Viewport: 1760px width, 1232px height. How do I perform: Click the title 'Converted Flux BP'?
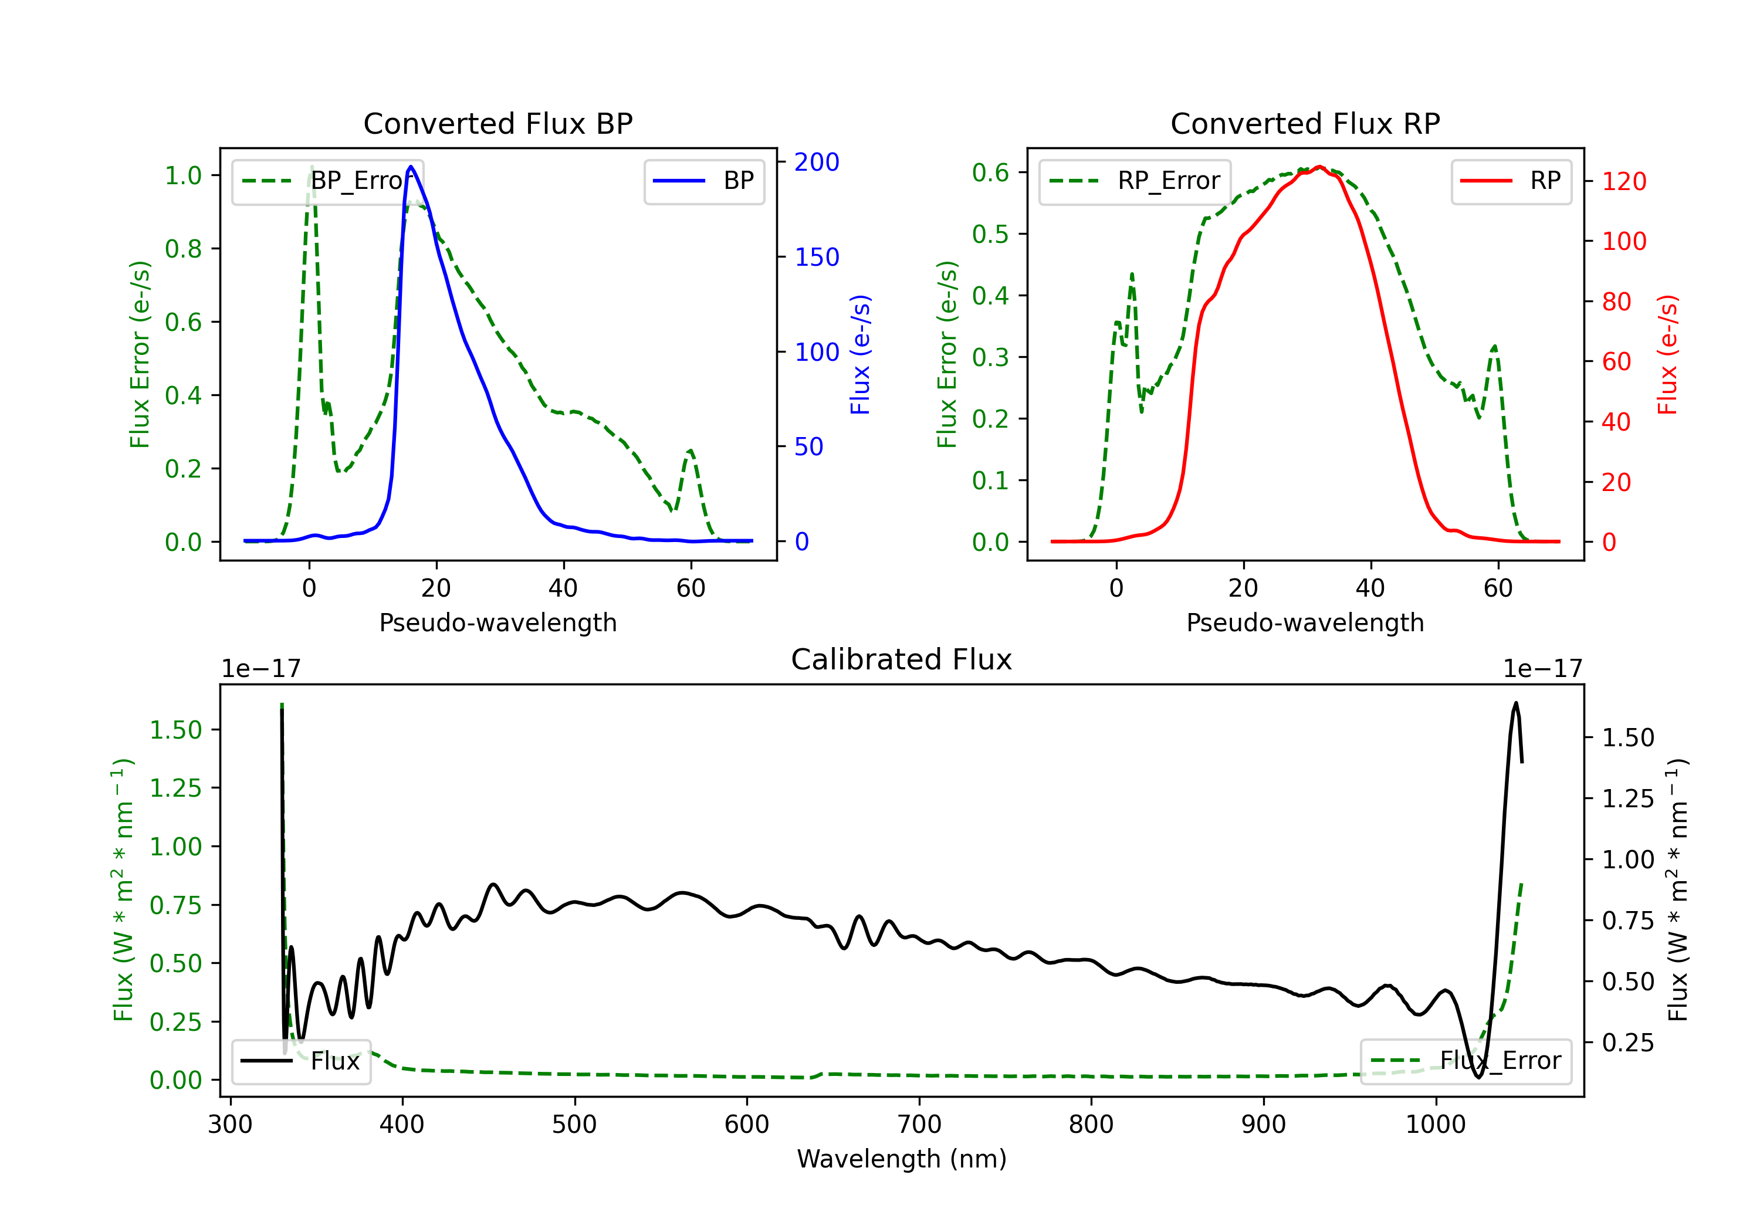point(498,123)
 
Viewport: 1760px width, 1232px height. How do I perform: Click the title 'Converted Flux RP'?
point(1305,123)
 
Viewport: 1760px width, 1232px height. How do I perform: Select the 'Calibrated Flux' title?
point(902,659)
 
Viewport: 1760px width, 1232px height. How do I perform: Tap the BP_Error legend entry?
point(327,181)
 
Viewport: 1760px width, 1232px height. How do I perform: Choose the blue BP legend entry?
point(703,181)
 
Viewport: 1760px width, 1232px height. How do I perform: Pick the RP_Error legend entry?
point(1135,181)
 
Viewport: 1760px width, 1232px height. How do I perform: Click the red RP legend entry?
point(1511,181)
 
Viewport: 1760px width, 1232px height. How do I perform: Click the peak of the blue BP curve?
point(411,167)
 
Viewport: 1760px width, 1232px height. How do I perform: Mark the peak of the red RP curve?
point(1319,167)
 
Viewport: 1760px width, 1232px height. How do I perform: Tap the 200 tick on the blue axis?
point(817,162)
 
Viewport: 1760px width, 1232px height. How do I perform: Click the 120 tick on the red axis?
point(1624,182)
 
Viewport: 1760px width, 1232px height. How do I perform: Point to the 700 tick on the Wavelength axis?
point(919,1125)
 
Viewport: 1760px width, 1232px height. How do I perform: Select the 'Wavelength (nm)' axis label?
point(902,1159)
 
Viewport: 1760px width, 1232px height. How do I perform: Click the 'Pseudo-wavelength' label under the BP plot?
point(498,622)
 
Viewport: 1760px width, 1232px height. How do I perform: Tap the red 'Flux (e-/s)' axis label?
point(1668,355)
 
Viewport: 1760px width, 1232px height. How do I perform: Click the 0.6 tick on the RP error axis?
point(990,172)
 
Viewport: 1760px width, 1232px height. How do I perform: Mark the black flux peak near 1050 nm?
point(1515,702)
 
